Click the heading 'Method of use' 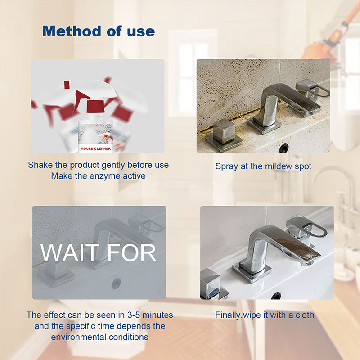point(98,31)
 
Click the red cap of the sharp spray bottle point(94,107)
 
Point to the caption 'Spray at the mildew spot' point(263,166)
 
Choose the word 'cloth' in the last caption point(303,315)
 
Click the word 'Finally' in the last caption point(228,315)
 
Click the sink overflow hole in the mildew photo point(284,147)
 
